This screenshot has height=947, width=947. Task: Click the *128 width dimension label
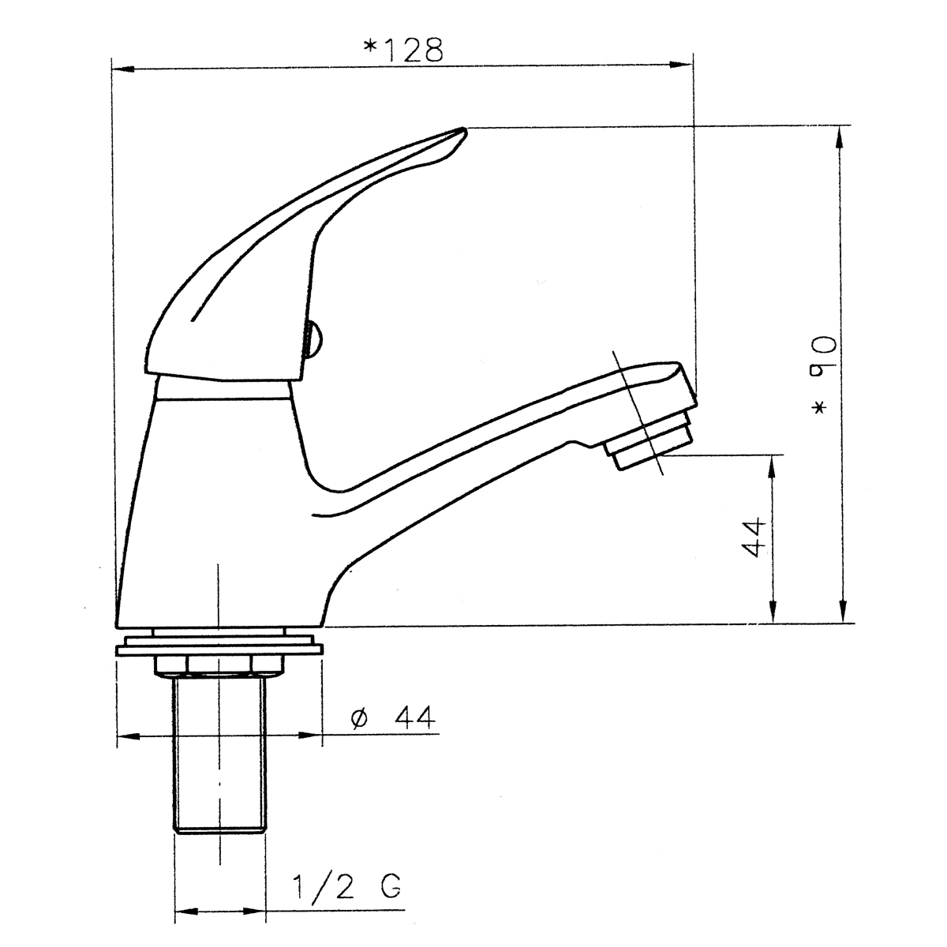(403, 51)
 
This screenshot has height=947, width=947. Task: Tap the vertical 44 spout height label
(754, 537)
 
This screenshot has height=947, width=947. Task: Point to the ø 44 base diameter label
(393, 717)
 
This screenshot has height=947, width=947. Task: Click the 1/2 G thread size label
(347, 886)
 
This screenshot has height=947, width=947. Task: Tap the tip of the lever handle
(464, 129)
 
